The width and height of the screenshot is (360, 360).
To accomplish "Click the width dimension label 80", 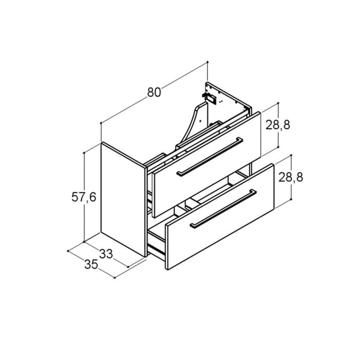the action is [x=154, y=92].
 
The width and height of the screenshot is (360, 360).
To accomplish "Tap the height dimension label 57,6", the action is [x=84, y=197].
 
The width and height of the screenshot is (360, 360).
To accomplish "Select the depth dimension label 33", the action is [x=106, y=254].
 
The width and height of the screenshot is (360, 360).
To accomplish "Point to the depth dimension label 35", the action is [x=91, y=264].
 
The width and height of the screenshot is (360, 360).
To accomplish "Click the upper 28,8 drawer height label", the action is [x=278, y=125].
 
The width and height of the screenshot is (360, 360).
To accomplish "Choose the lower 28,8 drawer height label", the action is [x=291, y=177].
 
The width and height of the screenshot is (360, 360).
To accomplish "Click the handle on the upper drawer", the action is [x=209, y=157].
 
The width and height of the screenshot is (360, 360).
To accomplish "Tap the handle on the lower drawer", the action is [x=223, y=208].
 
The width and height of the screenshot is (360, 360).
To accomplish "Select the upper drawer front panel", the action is [x=207, y=165].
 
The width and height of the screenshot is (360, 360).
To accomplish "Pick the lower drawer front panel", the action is [x=220, y=217].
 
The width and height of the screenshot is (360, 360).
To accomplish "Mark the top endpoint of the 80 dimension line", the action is [x=207, y=61].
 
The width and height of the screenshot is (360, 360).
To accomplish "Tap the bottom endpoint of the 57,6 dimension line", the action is [x=84, y=241].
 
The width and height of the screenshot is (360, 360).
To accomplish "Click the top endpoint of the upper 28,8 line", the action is [x=278, y=103].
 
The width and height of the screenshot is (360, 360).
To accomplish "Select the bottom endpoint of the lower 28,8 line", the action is [x=291, y=199].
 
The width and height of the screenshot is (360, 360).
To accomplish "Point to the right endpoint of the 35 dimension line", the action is [x=115, y=278].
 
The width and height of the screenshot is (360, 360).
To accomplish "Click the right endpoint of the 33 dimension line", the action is [x=128, y=267].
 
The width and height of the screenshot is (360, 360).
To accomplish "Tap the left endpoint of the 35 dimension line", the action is [x=68, y=251].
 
